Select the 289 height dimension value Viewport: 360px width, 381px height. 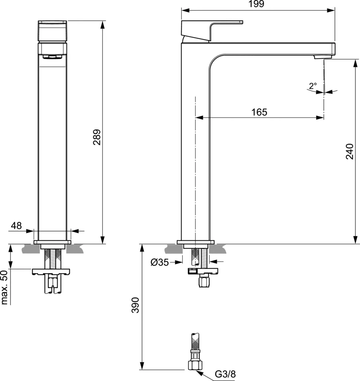click(97, 137)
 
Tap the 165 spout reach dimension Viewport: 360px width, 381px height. click(259, 112)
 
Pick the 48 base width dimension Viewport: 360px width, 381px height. click(16, 225)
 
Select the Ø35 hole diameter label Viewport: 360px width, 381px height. click(160, 263)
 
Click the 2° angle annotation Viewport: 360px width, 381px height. click(313, 86)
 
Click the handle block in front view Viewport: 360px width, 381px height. click(52, 31)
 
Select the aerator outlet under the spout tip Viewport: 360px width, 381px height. click(319, 57)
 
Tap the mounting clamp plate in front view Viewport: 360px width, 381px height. click(51, 271)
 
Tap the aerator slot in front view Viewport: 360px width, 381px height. click(52, 57)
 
